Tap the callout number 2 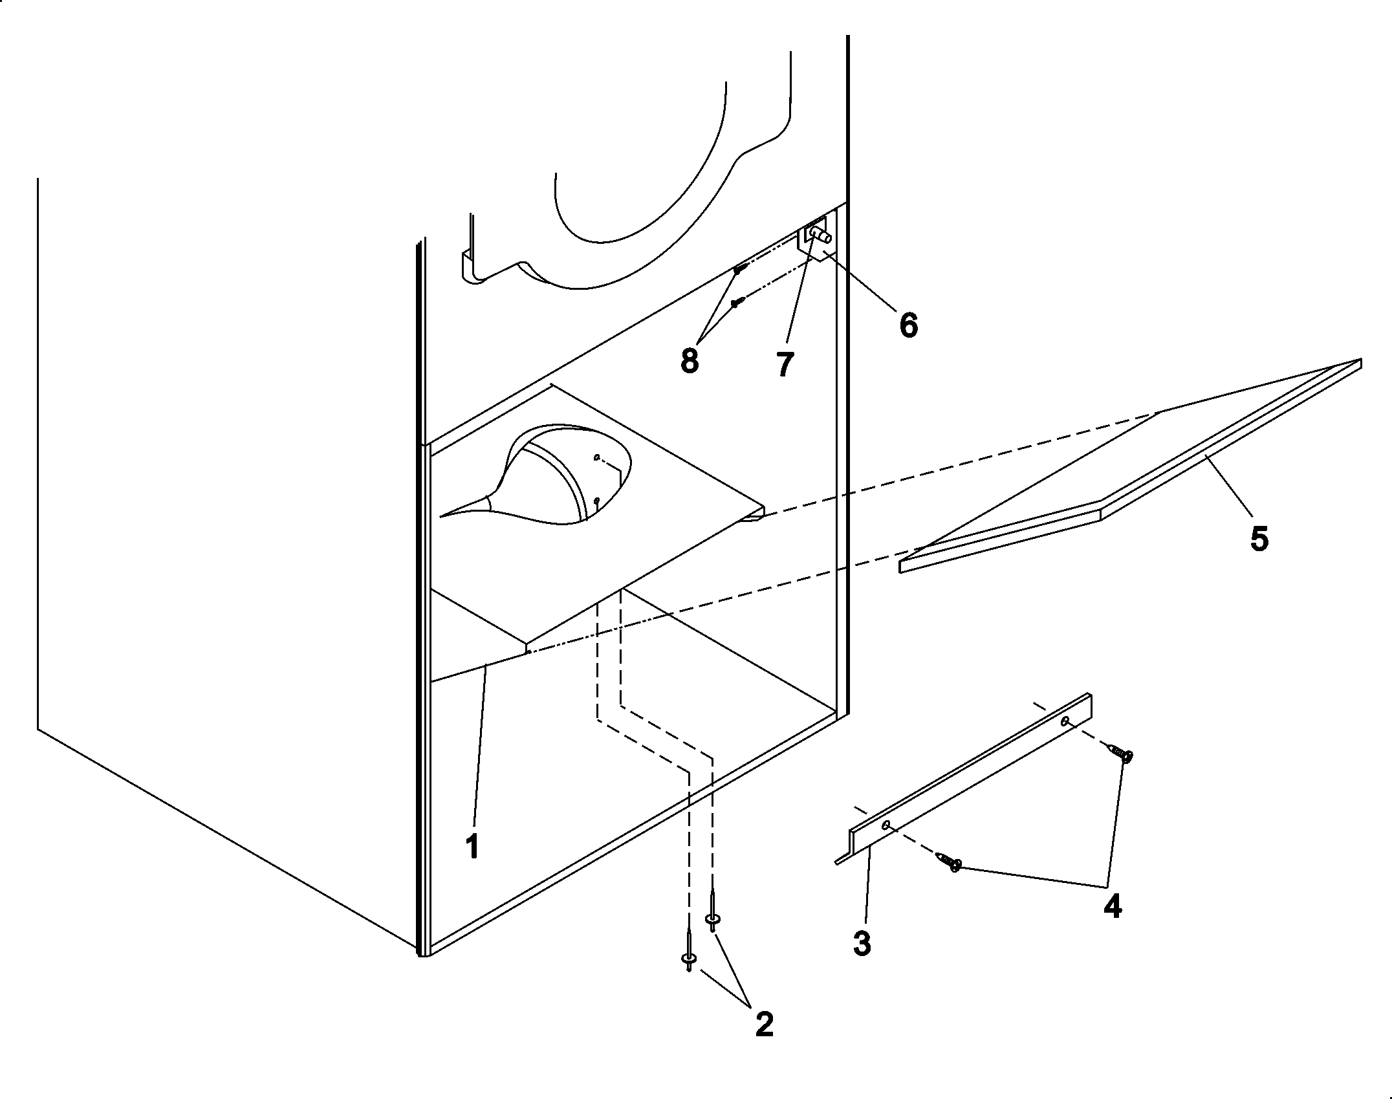coord(764,1024)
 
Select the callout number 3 coord(862,944)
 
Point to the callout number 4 coord(1113,908)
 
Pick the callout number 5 coord(1259,538)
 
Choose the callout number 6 coord(908,325)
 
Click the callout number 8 coord(690,361)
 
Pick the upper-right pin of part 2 coord(713,919)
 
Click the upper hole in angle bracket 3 coord(1064,720)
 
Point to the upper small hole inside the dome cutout coord(596,457)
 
